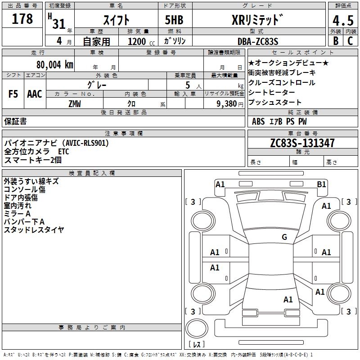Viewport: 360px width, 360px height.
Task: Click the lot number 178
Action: [22, 18]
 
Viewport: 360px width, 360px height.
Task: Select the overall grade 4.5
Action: [343, 21]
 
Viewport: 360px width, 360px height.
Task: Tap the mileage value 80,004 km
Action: [54, 65]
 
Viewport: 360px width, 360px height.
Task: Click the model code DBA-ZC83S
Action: [258, 41]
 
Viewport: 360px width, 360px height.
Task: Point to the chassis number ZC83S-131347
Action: [302, 143]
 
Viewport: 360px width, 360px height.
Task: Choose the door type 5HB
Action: [174, 20]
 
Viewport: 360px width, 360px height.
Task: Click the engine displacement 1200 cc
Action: [141, 41]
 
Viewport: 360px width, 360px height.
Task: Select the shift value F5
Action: [13, 94]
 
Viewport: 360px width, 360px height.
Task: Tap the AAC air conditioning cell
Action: [35, 94]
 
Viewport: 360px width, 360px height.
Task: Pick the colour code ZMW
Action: [75, 104]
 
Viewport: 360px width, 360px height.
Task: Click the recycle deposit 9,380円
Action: [230, 104]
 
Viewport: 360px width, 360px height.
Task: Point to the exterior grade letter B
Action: [336, 41]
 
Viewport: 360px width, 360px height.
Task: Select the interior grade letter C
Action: [350, 41]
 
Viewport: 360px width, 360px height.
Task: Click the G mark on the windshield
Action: [284, 237]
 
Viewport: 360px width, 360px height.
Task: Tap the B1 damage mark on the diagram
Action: [321, 184]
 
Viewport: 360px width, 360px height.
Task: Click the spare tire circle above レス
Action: [197, 328]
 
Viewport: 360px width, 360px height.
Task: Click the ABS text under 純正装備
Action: [258, 121]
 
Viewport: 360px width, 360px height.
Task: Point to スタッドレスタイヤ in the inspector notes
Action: [34, 229]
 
